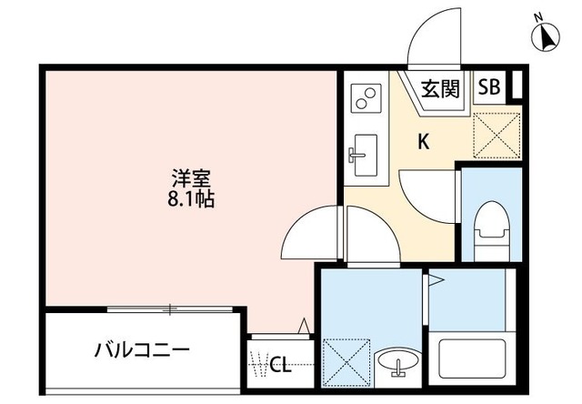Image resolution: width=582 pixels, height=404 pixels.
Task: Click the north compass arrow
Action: [547, 36]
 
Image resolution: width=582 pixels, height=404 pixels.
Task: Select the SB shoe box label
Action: [488, 87]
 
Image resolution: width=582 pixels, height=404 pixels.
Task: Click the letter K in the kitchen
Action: [423, 141]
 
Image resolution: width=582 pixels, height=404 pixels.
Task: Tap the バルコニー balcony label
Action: [141, 349]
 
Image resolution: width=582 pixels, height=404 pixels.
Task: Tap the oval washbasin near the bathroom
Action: [396, 363]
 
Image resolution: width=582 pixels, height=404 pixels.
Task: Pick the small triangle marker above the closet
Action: [306, 324]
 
